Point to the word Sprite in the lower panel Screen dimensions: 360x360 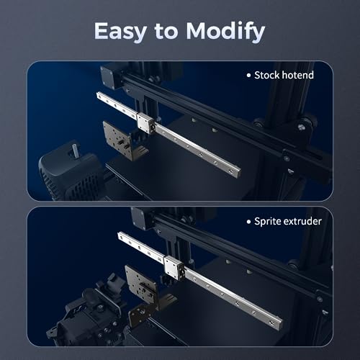(269, 221)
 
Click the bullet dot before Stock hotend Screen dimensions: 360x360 (248, 75)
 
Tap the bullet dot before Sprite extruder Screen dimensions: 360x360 (249, 221)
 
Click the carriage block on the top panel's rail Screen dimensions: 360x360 (145, 122)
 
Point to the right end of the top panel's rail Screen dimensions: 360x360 (235, 173)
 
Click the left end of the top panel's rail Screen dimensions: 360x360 (99, 96)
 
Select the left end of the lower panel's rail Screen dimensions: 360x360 (121, 235)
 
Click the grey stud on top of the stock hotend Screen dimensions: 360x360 (74, 150)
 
